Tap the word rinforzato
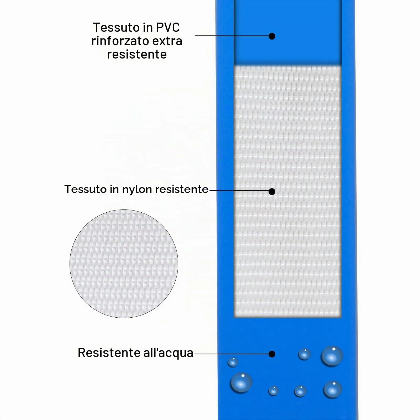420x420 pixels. (120, 41)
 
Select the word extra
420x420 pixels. (167, 41)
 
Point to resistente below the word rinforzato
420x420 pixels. (137, 55)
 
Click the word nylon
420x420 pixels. (137, 190)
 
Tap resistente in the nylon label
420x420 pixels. (182, 189)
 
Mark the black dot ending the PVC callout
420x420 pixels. (272, 36)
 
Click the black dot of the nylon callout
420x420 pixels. (272, 192)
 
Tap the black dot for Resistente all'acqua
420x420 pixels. (272, 354)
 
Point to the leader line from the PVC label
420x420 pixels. (232, 36)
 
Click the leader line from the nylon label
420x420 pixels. (239, 191)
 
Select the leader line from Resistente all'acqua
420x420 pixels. (232, 354)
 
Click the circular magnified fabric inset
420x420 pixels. (124, 264)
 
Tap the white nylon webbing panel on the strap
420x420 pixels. (288, 191)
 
